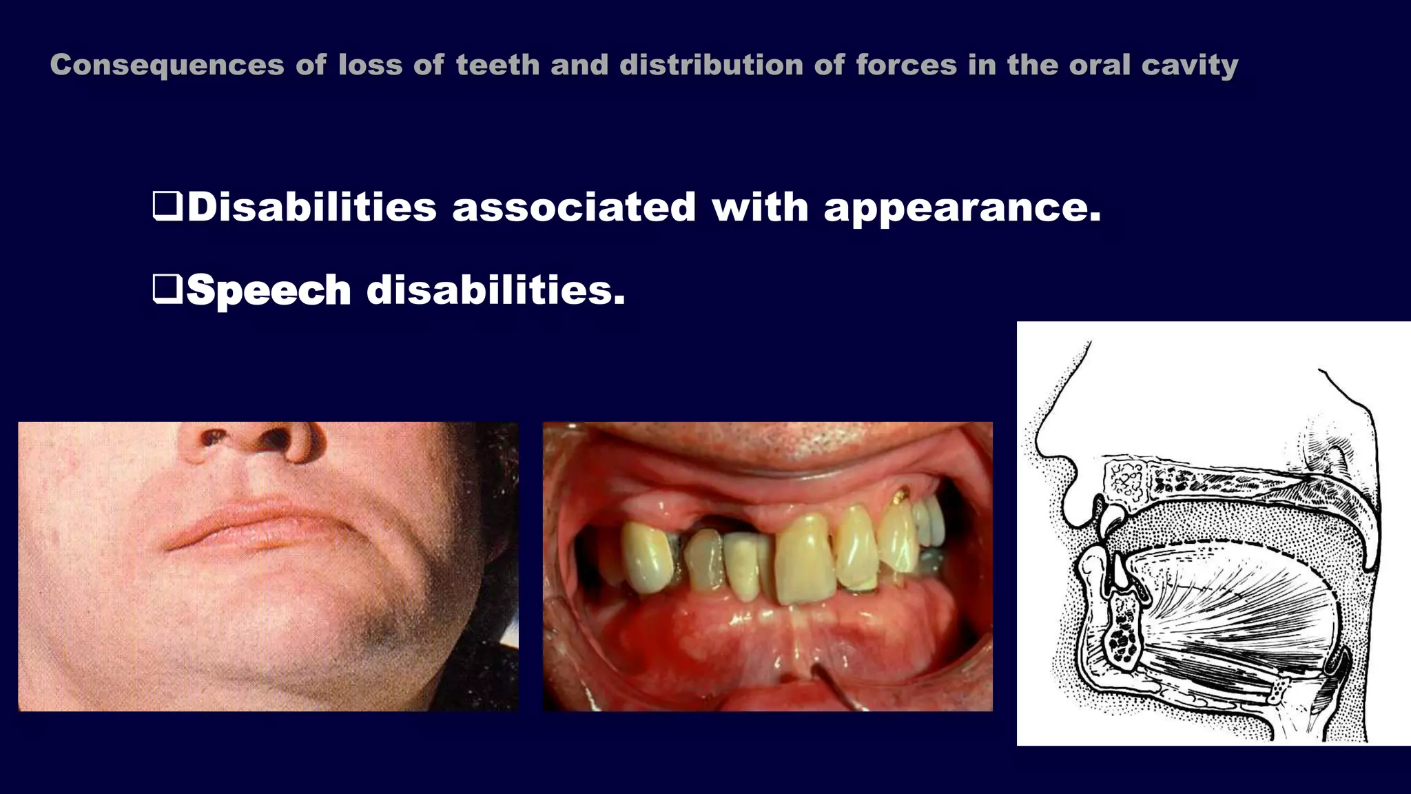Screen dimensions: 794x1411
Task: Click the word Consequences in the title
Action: tap(167, 65)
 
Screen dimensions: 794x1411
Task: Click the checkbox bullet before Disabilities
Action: tap(167, 206)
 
